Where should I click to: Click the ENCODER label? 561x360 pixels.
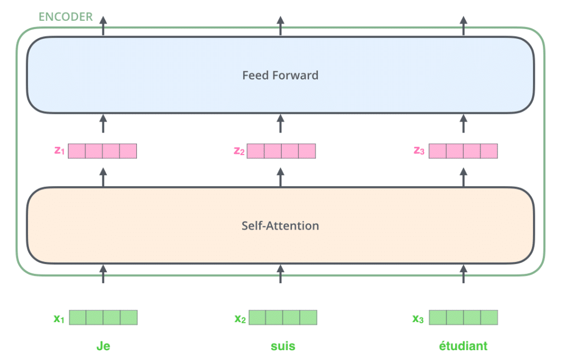tap(66, 16)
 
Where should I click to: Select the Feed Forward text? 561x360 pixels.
tap(280, 75)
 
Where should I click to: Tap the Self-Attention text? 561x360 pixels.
tap(280, 226)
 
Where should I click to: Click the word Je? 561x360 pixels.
tap(104, 346)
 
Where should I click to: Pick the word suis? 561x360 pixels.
tap(283, 346)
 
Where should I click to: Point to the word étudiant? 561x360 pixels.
tap(463, 346)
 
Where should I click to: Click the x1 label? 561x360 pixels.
tap(59, 318)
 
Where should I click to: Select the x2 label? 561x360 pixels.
tap(240, 318)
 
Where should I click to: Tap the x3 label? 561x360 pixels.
tap(418, 318)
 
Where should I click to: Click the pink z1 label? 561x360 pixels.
tap(59, 151)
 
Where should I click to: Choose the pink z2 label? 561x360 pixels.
tap(239, 151)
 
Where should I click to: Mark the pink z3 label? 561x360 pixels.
tap(419, 151)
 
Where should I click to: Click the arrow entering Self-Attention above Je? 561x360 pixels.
tap(103, 274)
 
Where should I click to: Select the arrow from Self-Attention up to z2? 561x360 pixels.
tap(280, 177)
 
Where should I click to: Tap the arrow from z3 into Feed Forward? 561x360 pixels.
tap(463, 123)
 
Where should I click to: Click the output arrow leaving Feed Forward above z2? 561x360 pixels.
tap(280, 26)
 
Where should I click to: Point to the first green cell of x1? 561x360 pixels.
tap(78, 317)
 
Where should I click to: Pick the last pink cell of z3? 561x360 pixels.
tap(489, 151)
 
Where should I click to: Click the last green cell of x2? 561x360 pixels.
tap(308, 317)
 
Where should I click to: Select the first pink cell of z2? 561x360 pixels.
tap(255, 151)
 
